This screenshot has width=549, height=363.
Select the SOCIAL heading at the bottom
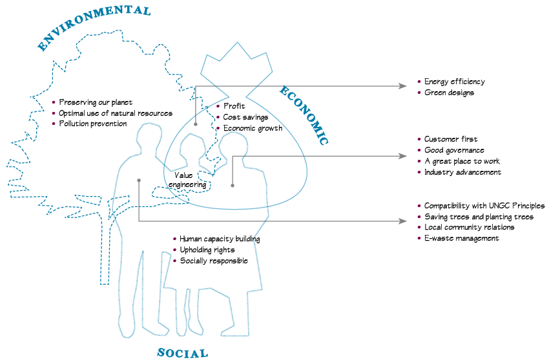point(183,353)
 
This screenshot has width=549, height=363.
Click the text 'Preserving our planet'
point(96,102)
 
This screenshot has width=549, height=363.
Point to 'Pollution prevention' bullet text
point(93,124)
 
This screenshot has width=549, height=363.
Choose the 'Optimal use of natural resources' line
point(116,113)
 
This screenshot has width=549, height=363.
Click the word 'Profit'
point(234,106)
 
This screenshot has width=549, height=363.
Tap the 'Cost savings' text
point(245,117)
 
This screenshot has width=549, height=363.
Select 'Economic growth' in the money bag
point(253,128)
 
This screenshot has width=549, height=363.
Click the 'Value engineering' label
point(187,180)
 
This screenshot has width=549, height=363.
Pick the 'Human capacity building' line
point(220,239)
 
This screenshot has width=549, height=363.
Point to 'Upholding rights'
point(207,250)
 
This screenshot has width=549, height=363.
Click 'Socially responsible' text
point(214,261)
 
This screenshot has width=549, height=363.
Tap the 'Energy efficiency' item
point(454,82)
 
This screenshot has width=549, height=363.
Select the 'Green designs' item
point(449,93)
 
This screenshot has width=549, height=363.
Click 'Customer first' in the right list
point(451,139)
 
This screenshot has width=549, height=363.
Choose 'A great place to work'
point(462,161)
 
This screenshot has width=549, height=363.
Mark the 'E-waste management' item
point(461,238)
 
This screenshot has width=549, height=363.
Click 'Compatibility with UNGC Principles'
point(484,206)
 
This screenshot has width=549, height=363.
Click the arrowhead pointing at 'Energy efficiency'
point(404,85)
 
